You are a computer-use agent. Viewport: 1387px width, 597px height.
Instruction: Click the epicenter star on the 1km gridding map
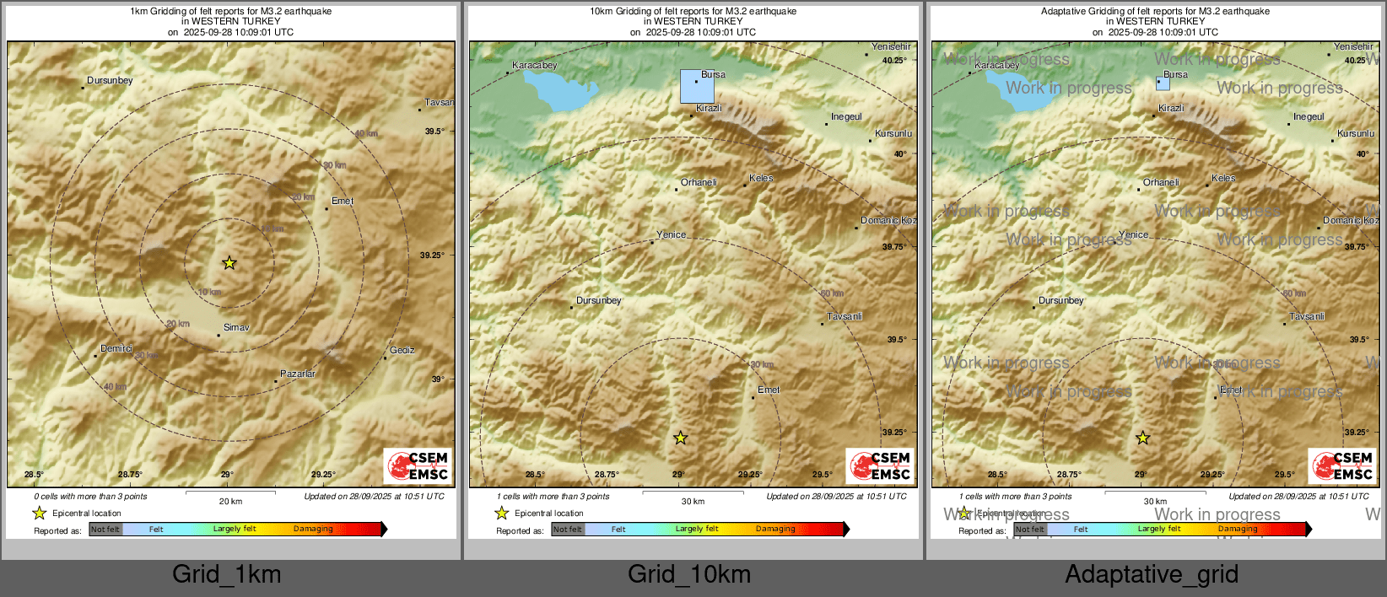[x=229, y=263]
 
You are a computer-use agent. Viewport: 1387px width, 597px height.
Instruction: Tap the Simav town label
[x=236, y=327]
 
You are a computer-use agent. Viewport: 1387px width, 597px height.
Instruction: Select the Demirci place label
[x=116, y=348]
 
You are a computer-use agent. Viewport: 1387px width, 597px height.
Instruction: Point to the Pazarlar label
[x=298, y=374]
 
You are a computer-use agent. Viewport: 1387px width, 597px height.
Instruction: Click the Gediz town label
[x=402, y=350]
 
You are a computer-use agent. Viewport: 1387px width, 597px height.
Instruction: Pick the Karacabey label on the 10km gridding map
[x=534, y=65]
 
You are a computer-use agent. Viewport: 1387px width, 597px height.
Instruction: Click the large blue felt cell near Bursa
[x=697, y=86]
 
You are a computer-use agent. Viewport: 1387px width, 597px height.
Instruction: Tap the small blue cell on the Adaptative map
[x=1163, y=83]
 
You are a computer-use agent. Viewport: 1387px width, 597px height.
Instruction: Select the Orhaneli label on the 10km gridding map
[x=699, y=182]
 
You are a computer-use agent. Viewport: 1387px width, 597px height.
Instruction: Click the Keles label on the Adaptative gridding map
[x=1223, y=178]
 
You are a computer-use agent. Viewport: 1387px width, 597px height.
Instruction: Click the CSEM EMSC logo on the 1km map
[x=418, y=465]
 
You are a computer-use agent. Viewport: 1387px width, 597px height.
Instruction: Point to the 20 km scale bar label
[x=230, y=501]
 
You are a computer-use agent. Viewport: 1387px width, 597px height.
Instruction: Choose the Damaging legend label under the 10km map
[x=775, y=529]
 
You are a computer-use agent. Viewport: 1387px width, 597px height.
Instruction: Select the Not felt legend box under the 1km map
[x=105, y=529]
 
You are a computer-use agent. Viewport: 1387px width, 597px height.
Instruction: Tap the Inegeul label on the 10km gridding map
[x=846, y=116]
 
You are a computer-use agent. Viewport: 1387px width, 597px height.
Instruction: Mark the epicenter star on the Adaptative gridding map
[x=1142, y=438]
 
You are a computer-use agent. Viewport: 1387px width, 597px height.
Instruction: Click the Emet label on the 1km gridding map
[x=343, y=201]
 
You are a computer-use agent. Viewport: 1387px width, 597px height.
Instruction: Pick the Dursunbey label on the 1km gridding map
[x=110, y=80]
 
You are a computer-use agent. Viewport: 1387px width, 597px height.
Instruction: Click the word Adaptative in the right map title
[x=1066, y=11]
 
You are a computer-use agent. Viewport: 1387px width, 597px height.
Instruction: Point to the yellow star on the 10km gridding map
[x=680, y=438]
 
